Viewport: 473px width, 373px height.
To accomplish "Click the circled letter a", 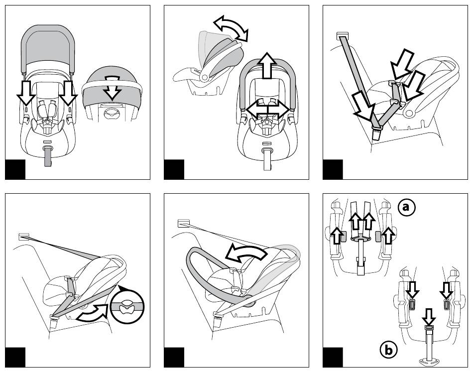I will click(407, 207).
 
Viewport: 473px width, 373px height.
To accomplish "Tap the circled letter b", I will click(388, 350).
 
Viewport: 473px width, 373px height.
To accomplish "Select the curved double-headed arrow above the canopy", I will click(231, 27).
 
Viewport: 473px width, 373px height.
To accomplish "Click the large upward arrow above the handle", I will click(267, 65).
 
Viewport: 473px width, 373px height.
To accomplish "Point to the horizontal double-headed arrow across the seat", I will click(267, 109).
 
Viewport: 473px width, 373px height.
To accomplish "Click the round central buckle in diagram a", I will click(359, 240).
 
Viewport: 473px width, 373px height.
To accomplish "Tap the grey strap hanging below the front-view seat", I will click(48, 157).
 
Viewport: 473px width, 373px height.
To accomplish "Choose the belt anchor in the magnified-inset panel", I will click(23, 236).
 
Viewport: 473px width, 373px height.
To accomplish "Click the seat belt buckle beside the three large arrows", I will click(376, 133).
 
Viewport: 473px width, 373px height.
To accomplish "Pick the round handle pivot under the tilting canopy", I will click(205, 76).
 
